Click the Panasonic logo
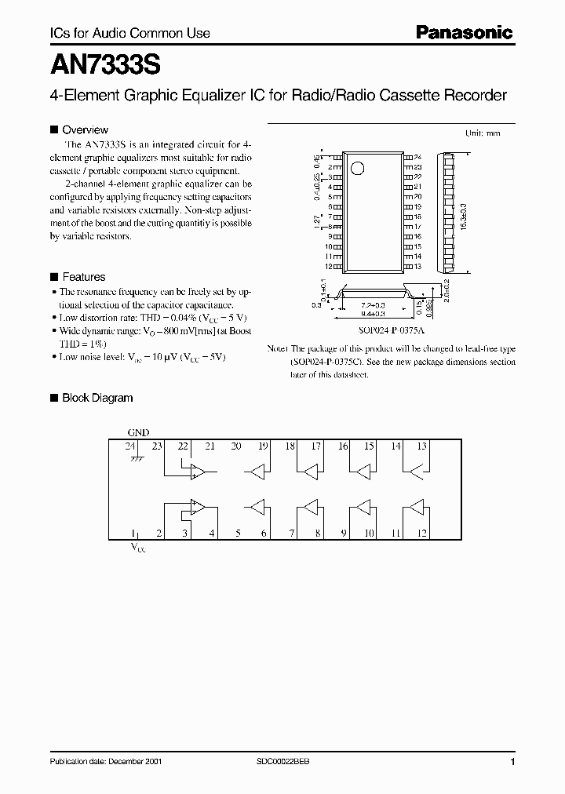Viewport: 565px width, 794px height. [x=463, y=33]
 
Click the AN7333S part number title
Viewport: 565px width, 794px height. [x=97, y=62]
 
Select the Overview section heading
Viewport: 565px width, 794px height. [x=85, y=129]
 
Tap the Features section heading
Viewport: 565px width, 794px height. [x=83, y=277]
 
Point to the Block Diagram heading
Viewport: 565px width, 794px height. [x=97, y=398]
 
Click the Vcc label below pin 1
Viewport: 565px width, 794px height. [x=138, y=549]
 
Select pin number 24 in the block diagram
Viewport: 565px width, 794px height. [x=129, y=446]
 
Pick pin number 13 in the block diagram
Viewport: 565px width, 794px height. [x=421, y=446]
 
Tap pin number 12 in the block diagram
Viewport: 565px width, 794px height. [x=421, y=534]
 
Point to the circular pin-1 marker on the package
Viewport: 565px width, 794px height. [x=358, y=167]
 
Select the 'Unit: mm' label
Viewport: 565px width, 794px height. [x=483, y=133]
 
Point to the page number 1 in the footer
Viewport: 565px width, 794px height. [x=512, y=762]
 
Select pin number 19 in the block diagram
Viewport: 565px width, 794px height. [x=263, y=446]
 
